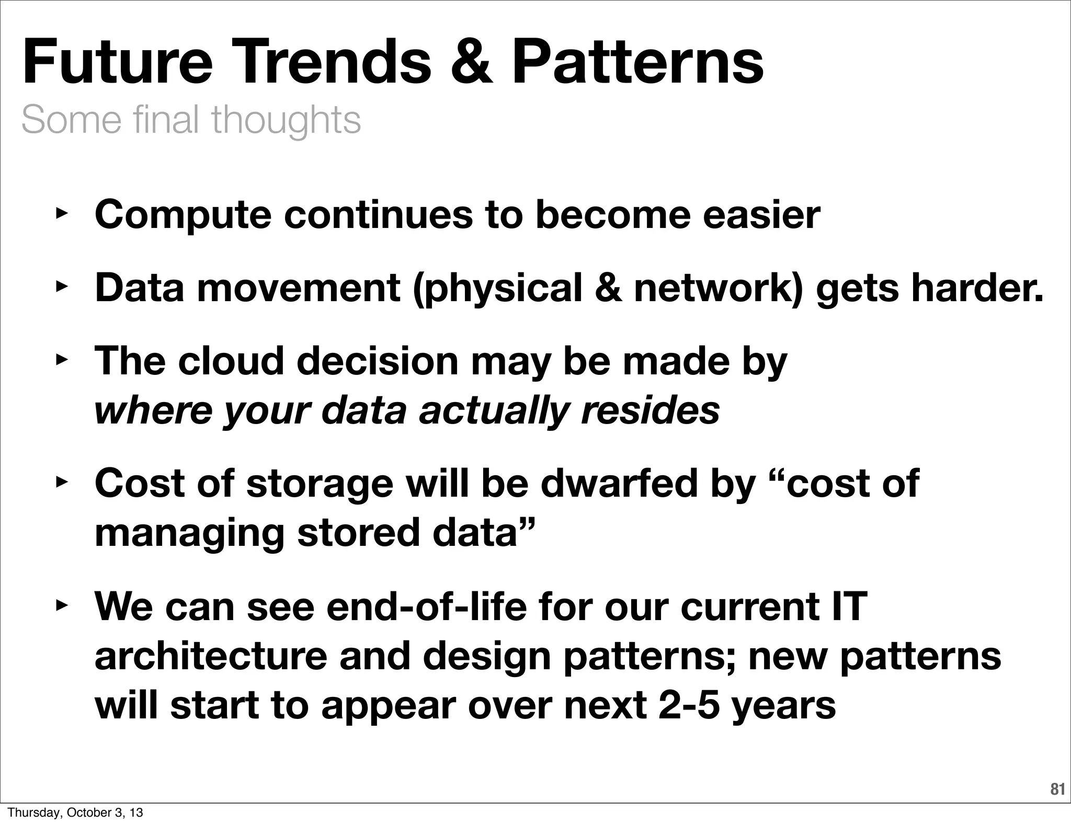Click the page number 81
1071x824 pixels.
[x=1057, y=789]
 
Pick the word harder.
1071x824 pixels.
[x=977, y=288]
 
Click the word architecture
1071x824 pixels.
[x=211, y=657]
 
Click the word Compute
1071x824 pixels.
[x=183, y=215]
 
